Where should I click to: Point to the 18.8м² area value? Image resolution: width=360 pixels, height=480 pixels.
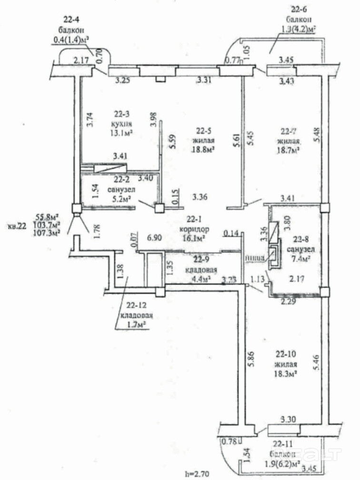pyautogui.click(x=206, y=149)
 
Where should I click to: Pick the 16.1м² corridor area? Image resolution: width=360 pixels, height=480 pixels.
pyautogui.click(x=194, y=237)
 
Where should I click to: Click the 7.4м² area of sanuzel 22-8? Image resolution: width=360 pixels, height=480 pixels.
pyautogui.click(x=301, y=259)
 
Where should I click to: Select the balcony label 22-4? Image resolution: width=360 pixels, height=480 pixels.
pyautogui.click(x=72, y=20)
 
